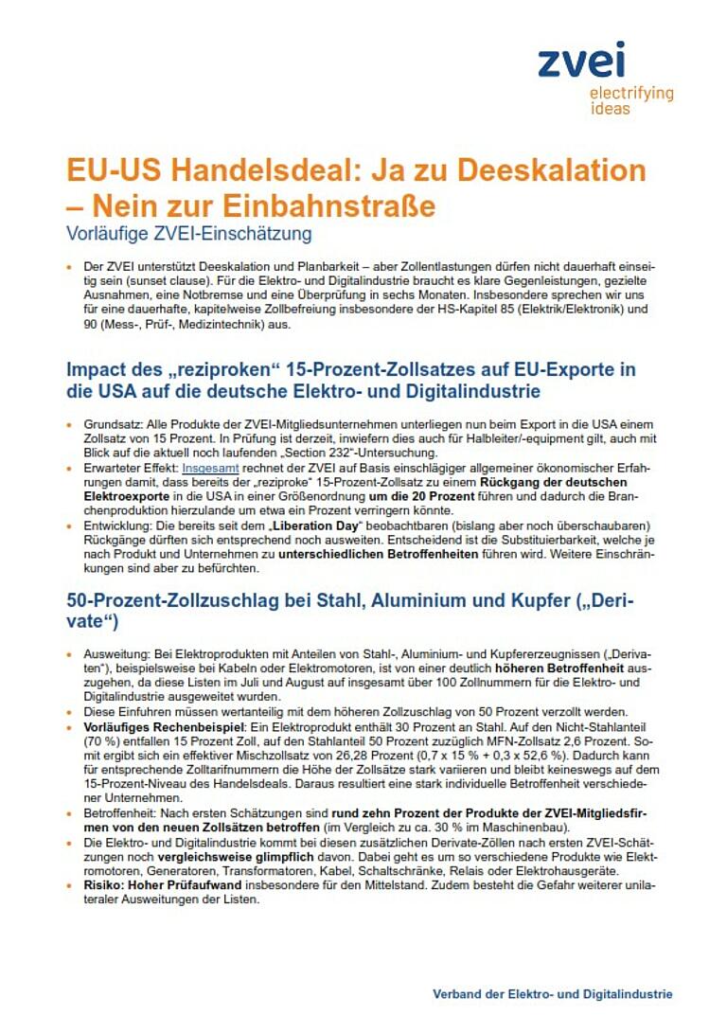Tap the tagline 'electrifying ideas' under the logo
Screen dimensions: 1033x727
tap(630, 100)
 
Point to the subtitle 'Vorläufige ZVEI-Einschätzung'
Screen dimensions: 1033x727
tap(187, 232)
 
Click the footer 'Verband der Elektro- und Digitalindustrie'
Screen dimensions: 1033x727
tap(553, 994)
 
